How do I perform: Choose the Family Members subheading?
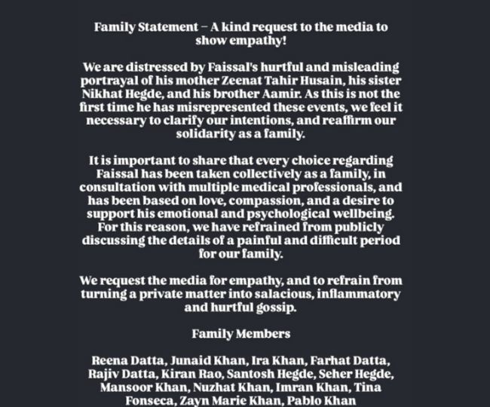[241, 334]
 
